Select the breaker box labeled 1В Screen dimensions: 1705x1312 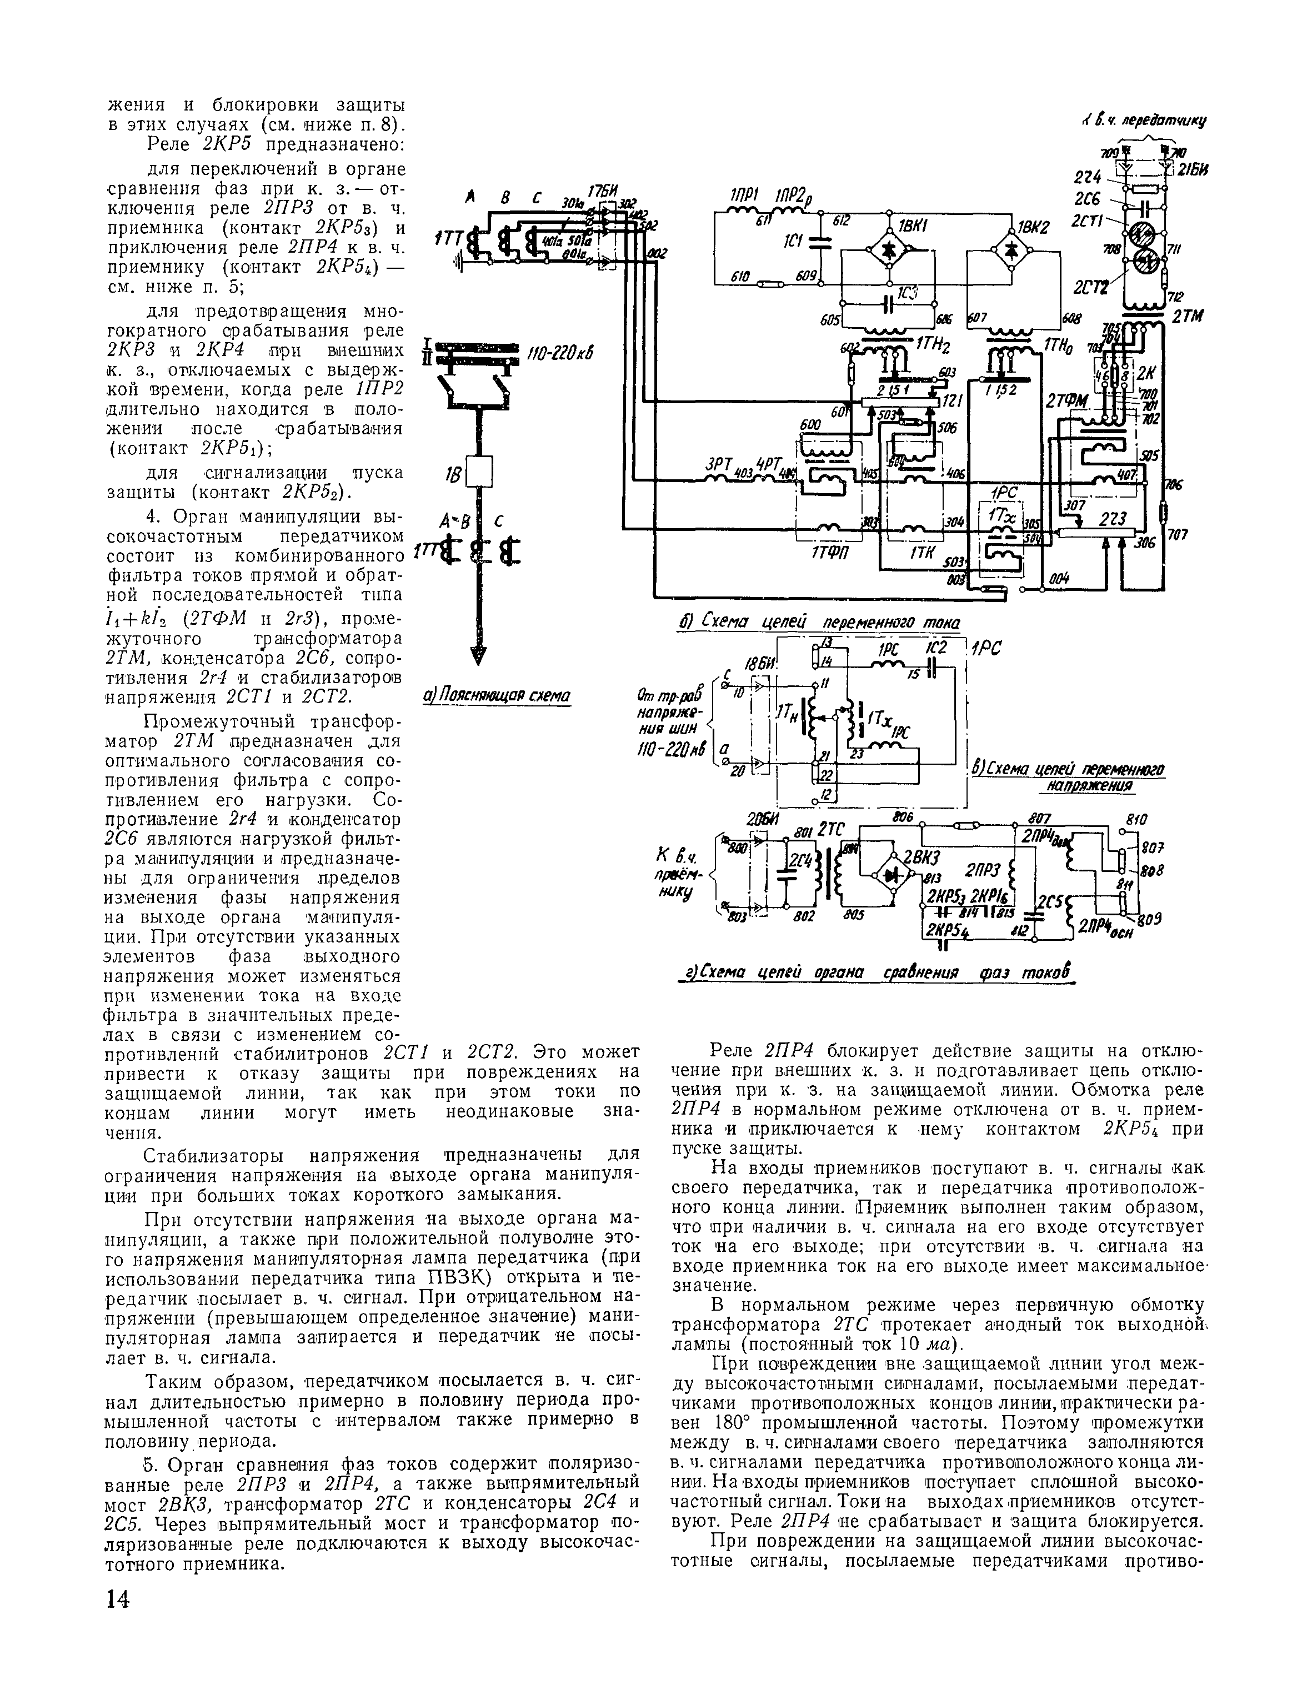[x=479, y=472]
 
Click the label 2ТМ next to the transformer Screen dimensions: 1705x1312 [x=1188, y=315]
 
